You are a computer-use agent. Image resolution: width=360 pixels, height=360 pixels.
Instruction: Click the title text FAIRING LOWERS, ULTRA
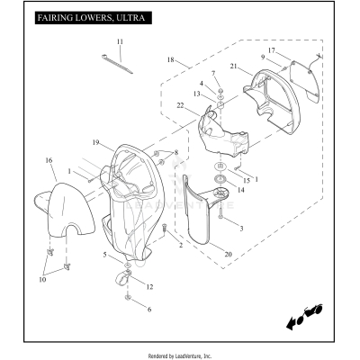click(91, 18)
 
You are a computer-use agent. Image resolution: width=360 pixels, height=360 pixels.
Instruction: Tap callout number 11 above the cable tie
click(120, 41)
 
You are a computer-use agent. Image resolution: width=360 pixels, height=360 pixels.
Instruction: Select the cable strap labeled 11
click(117, 64)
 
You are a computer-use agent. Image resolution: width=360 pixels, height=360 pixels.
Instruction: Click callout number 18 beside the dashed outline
click(170, 59)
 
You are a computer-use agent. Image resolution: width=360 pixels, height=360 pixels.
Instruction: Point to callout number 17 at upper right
click(272, 50)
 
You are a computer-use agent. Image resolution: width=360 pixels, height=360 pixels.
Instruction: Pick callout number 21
click(234, 66)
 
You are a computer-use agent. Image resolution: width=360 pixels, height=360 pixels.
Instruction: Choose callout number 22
click(181, 105)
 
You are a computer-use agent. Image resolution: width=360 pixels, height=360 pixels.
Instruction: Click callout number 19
click(95, 142)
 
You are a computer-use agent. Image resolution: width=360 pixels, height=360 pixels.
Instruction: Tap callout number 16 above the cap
click(49, 160)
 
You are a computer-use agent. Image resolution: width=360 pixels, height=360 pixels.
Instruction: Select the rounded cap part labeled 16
click(65, 209)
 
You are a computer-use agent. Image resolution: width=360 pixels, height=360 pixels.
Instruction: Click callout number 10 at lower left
click(42, 280)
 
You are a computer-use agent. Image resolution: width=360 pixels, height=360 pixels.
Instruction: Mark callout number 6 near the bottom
click(149, 310)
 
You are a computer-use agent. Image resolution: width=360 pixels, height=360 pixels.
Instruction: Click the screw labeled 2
click(165, 228)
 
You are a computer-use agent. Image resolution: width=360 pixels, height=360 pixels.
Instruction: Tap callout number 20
click(228, 255)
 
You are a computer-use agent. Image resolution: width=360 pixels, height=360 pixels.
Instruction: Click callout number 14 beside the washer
click(240, 190)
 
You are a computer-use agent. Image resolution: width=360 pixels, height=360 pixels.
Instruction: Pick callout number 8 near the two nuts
click(176, 152)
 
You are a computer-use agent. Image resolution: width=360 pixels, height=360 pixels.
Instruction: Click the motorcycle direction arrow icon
click(304, 317)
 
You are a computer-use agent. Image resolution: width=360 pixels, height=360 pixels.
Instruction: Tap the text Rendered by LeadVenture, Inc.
click(180, 356)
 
